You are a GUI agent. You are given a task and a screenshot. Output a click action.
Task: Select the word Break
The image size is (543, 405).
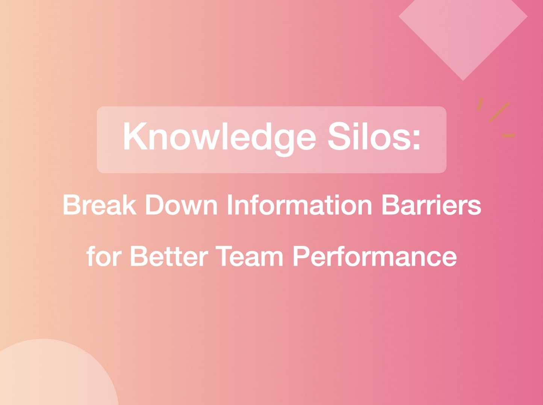click(99, 205)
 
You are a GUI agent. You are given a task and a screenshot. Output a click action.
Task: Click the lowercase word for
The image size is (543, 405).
click(104, 256)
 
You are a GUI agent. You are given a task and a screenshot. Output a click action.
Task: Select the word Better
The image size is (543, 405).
click(168, 256)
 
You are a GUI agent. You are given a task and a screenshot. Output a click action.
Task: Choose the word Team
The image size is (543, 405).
click(250, 256)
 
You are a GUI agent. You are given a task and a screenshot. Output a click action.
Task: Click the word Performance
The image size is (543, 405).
click(375, 256)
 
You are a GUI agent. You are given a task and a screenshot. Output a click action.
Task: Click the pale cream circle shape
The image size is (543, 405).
click(49, 375)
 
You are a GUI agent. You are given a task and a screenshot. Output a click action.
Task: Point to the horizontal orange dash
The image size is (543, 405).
click(508, 136)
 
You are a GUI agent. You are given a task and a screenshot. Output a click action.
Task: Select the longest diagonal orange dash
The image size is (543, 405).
click(499, 112)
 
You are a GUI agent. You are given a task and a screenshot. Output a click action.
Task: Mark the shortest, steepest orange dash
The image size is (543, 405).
click(480, 104)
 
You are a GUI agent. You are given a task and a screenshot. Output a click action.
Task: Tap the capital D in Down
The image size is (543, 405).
click(155, 205)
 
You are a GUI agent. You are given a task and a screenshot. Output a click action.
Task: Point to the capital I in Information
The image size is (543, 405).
click(229, 205)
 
